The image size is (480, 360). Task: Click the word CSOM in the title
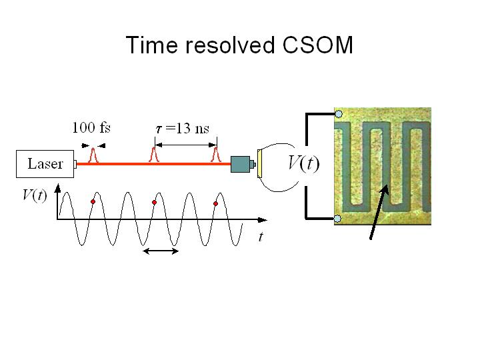point(318,45)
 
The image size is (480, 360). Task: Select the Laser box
point(45,164)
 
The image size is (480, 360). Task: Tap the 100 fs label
point(91,129)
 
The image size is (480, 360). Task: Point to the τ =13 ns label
point(182,129)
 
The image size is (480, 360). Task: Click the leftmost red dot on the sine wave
point(93,202)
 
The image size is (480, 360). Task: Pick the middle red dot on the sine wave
point(154,202)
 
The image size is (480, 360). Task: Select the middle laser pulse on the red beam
point(154,157)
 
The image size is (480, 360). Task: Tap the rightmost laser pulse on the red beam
point(215,157)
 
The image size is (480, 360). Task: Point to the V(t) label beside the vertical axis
point(34,196)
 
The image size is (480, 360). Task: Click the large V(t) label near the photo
point(303,162)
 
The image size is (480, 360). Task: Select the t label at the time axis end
point(261,237)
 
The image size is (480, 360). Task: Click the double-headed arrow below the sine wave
point(162,251)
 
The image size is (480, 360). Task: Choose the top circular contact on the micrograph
point(339,114)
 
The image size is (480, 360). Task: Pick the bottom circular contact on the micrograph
point(337,219)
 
